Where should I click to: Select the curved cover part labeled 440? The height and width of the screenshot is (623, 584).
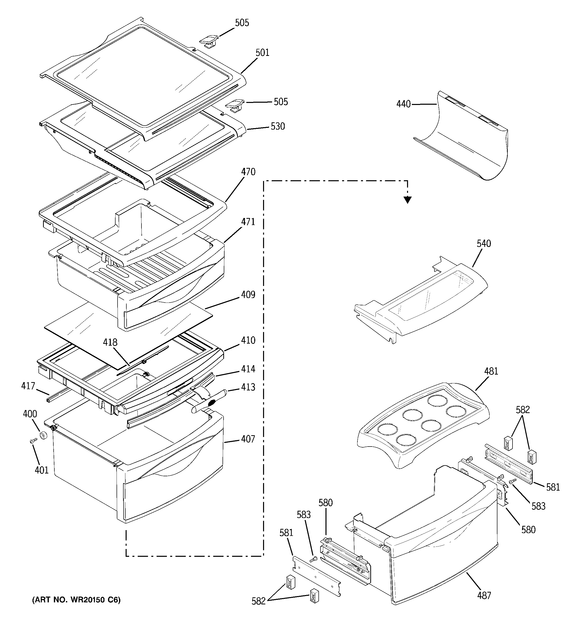tap(464, 138)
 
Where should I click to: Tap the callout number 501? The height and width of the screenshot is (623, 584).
tap(262, 53)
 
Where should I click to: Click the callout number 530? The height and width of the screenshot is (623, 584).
tap(278, 127)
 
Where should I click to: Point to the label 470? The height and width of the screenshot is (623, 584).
tap(248, 172)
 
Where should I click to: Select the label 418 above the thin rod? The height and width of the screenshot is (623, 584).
tap(110, 342)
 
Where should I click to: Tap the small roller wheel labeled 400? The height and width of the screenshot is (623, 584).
tap(43, 436)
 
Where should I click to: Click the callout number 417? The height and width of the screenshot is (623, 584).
tap(28, 386)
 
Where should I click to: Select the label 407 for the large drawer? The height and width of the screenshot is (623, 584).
tap(248, 439)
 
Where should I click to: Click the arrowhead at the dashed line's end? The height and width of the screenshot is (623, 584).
tap(407, 200)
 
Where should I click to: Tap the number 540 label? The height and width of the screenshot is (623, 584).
tap(484, 243)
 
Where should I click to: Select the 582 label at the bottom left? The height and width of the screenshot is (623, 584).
tap(258, 601)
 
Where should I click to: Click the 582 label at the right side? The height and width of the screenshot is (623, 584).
tap(523, 410)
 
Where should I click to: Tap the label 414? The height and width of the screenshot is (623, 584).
tap(248, 369)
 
